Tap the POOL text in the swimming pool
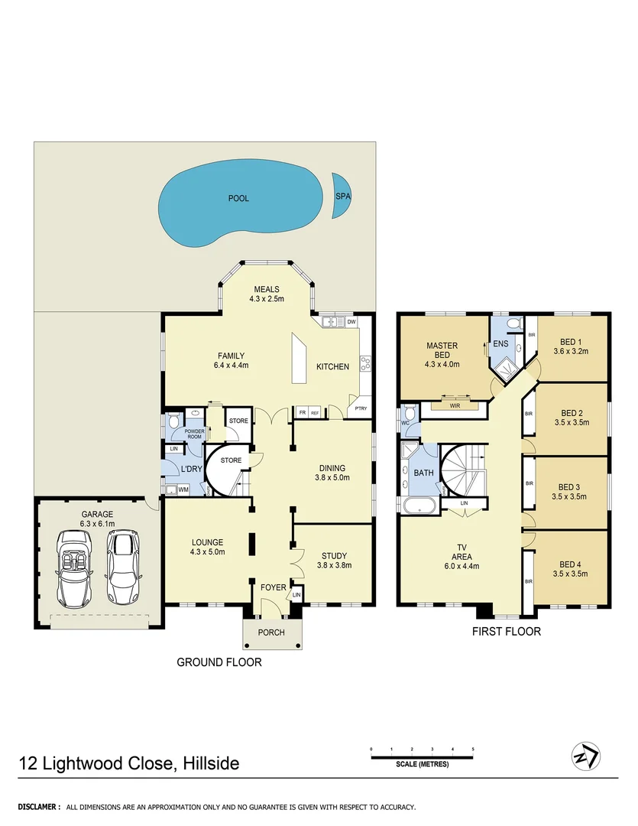pos(238,198)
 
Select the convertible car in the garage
pos(74,567)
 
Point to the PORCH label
pos(271,633)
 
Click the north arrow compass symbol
pos(586,756)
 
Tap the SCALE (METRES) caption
pos(423,765)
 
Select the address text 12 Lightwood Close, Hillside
pos(129,763)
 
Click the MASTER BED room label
pos(442,350)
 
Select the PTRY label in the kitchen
pos(361,408)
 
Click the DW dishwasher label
pos(351,322)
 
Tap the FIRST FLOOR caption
pos(507,632)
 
